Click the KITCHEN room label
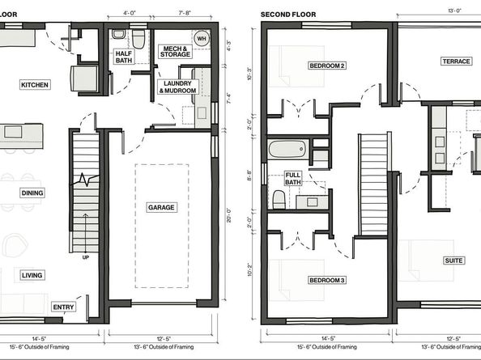(35, 84)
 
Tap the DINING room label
(32, 193)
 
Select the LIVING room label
(32, 276)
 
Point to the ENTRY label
(64, 307)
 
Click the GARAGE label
(161, 207)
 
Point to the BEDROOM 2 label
(327, 65)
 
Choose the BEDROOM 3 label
(327, 280)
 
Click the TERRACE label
(456, 61)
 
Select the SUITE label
(453, 260)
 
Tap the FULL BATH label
(294, 178)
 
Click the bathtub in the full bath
(287, 150)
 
